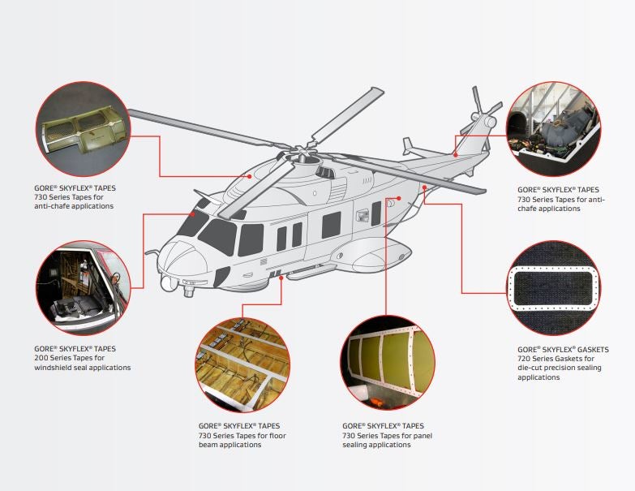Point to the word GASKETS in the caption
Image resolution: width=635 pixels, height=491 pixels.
pyautogui.click(x=589, y=350)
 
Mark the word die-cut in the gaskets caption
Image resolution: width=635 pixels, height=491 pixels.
pyautogui.click(x=532, y=368)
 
